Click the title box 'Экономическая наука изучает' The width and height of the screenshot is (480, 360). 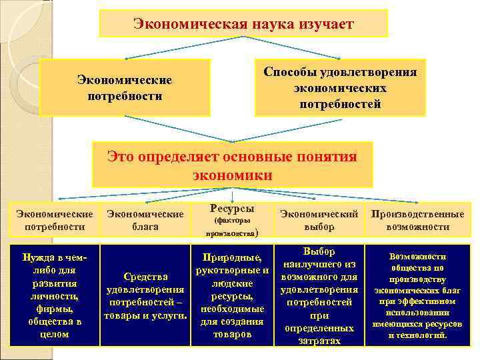[243, 24]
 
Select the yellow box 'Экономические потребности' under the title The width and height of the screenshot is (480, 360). [125, 87]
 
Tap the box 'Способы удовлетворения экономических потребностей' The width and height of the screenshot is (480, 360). [340, 87]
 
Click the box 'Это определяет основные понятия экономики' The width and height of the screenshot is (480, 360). [232, 165]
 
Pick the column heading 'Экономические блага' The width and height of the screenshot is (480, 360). [145, 220]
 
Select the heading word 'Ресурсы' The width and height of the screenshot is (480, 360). [231, 208]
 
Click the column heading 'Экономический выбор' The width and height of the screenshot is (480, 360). [319, 220]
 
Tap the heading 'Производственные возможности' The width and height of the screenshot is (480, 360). [417, 220]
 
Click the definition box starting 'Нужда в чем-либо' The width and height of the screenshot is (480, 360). [55, 295]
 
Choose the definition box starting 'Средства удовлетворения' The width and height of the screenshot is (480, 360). [145, 295]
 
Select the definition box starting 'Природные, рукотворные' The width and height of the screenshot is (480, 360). [231, 295]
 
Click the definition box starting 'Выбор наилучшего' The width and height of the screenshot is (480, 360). [319, 295]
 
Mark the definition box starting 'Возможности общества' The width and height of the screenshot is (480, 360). [418, 295]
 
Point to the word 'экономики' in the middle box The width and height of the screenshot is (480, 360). [232, 175]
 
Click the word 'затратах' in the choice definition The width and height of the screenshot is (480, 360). [319, 340]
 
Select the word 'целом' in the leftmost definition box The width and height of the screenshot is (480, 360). [55, 334]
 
